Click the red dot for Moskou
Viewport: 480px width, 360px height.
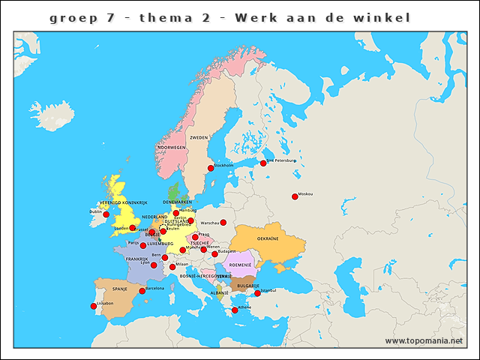click(295, 196)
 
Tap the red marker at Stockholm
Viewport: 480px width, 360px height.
click(211, 168)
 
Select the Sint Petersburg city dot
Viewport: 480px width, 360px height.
click(263, 163)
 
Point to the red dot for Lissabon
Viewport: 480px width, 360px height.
click(94, 305)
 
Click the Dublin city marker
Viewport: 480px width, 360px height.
click(106, 214)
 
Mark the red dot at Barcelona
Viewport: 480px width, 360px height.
click(142, 291)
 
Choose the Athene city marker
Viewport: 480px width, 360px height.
click(235, 310)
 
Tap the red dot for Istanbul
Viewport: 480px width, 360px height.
click(257, 293)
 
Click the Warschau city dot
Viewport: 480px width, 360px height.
click(223, 223)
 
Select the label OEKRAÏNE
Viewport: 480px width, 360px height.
click(268, 238)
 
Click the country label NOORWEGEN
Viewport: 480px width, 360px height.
click(171, 148)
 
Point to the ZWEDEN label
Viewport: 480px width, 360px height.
click(199, 138)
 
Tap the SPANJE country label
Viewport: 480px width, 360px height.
click(120, 289)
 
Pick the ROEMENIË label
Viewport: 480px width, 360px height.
click(241, 265)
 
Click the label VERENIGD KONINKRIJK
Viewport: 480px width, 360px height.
click(124, 202)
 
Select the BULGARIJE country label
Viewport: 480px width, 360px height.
click(248, 286)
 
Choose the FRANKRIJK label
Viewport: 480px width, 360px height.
click(137, 259)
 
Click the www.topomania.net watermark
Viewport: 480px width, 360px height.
click(424, 341)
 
